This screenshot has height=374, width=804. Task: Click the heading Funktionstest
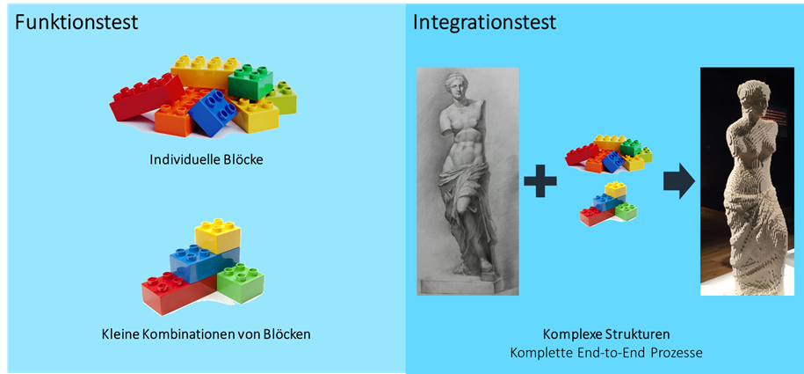click(x=76, y=22)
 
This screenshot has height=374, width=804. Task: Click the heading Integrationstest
click(x=484, y=22)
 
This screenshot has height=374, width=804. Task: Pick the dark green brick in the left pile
click(x=251, y=82)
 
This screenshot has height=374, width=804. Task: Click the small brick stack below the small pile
click(x=608, y=205)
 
